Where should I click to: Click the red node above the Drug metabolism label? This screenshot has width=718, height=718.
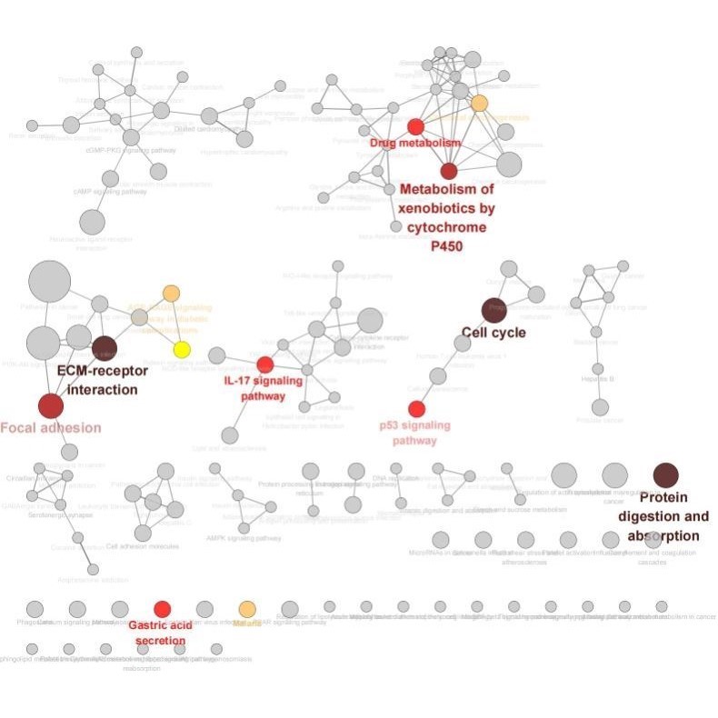[x=415, y=126]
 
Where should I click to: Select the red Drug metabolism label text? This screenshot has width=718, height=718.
[x=415, y=144]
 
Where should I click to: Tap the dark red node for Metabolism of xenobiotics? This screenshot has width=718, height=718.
[x=449, y=171]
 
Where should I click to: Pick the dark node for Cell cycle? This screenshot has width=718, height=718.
[x=494, y=309]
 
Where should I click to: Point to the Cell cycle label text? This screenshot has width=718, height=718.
[x=494, y=333]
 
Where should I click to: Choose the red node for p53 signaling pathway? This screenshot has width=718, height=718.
[x=416, y=409]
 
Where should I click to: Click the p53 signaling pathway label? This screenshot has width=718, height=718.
[x=414, y=433]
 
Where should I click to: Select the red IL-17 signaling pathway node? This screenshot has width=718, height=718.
[x=264, y=364]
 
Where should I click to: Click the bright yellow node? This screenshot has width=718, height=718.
[x=182, y=350]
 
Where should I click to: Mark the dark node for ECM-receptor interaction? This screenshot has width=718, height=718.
[x=105, y=348]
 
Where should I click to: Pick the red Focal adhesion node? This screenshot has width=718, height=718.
[x=51, y=405]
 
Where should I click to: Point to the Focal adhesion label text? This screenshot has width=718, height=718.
[x=51, y=427]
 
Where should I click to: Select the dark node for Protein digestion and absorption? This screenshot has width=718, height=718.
[x=666, y=474]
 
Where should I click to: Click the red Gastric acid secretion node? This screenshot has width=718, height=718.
[x=162, y=609]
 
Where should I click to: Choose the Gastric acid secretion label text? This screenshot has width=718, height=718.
[x=157, y=633]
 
